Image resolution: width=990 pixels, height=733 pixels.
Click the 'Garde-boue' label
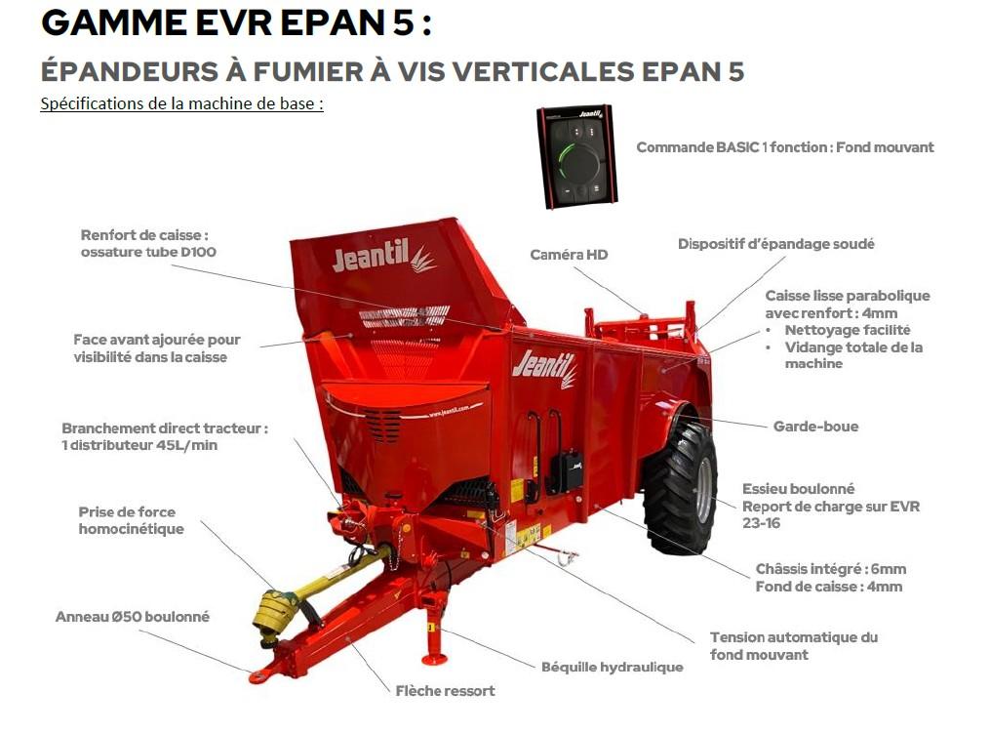click(815, 427)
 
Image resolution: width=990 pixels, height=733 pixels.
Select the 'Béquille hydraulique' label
click(612, 667)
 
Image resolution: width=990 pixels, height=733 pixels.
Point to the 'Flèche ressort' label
click(445, 691)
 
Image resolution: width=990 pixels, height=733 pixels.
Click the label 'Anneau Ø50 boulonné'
click(133, 617)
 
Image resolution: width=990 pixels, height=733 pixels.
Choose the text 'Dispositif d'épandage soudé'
click(775, 244)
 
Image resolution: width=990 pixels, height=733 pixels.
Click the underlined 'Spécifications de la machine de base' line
click(181, 103)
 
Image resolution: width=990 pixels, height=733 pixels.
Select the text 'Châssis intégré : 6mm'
click(830, 569)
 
